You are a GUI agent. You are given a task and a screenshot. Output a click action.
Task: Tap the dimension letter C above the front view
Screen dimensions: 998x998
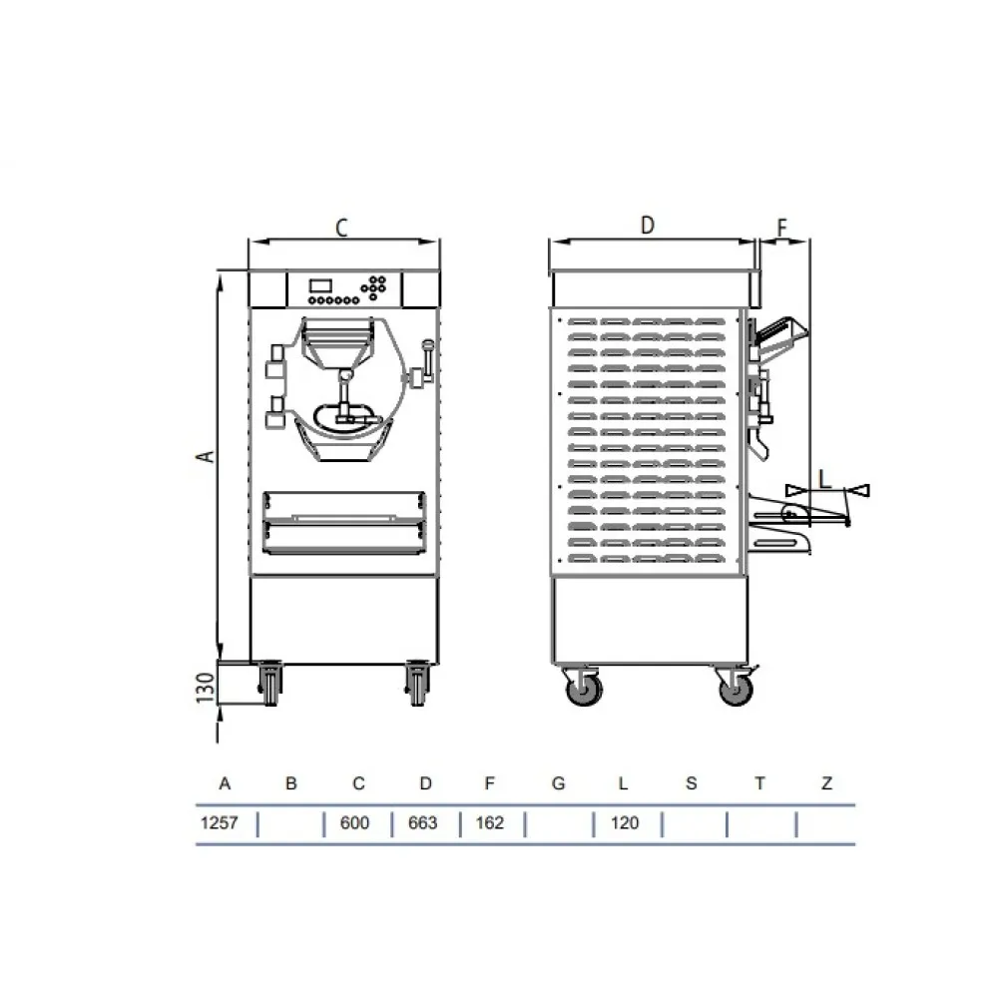coord(340,229)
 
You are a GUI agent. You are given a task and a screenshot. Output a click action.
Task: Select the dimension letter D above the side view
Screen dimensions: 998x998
coord(647,226)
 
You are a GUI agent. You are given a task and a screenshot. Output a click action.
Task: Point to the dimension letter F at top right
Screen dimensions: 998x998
coord(782,228)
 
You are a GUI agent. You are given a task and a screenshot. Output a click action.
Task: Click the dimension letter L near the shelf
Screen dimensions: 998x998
coord(824,478)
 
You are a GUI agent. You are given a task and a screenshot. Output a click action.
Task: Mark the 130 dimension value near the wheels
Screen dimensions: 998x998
coord(205,690)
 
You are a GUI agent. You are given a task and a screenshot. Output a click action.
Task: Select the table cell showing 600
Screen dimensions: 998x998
coord(354,823)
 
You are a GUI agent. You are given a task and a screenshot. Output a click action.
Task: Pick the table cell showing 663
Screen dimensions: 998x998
coord(424,823)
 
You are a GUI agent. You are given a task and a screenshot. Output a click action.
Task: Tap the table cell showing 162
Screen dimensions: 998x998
coord(490,823)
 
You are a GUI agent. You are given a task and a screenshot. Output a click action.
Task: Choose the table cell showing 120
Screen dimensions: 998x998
coord(624,823)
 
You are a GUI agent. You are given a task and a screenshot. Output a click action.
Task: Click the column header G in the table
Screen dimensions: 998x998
coord(558,783)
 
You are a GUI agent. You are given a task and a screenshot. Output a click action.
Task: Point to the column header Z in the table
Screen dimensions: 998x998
coord(826,783)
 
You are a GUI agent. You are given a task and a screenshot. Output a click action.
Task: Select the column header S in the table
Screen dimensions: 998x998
coord(692,783)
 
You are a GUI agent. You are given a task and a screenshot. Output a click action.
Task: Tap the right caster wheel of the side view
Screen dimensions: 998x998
coord(736,688)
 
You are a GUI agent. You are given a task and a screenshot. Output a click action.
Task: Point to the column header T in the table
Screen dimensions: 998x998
coord(759,783)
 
